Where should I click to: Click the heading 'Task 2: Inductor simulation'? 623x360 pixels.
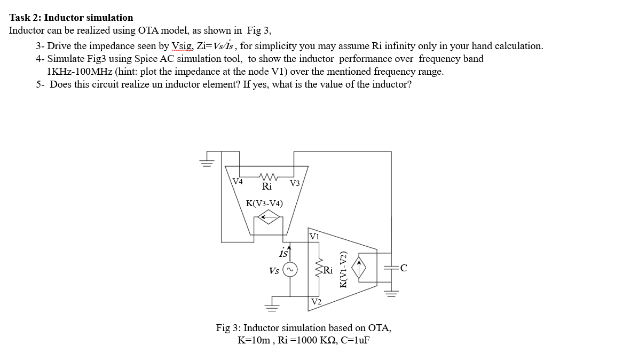pyautogui.click(x=71, y=18)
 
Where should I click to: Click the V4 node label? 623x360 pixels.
pyautogui.click(x=238, y=182)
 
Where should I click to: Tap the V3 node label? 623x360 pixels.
pyautogui.click(x=294, y=183)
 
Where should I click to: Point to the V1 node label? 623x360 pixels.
pyautogui.click(x=314, y=236)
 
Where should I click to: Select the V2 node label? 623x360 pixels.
pyautogui.click(x=316, y=302)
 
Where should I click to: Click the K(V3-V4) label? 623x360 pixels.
pyautogui.click(x=264, y=203)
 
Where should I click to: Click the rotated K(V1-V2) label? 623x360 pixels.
pyautogui.click(x=344, y=270)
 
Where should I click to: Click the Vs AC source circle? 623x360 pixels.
pyautogui.click(x=290, y=271)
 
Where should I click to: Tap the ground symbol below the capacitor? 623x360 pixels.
pyautogui.click(x=391, y=294)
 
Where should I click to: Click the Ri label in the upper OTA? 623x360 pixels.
pyautogui.click(x=267, y=186)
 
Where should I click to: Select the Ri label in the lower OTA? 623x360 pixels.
pyautogui.click(x=328, y=271)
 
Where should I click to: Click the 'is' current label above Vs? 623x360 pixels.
pyautogui.click(x=283, y=253)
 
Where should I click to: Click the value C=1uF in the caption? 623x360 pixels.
pyautogui.click(x=352, y=340)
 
